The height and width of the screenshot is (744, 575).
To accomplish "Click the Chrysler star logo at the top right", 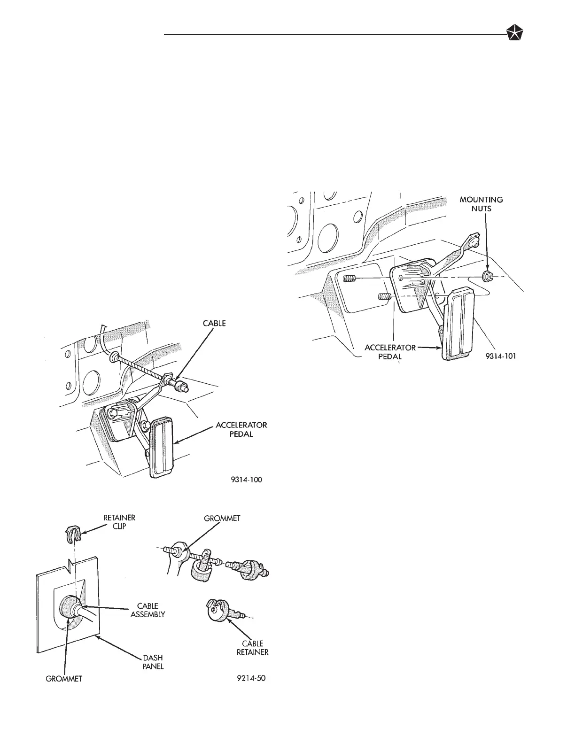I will (516, 34).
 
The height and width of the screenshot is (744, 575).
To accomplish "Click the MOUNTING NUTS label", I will (481, 204).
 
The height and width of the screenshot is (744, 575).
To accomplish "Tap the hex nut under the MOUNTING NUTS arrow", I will (488, 276).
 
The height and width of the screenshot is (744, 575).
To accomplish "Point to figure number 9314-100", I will (246, 480).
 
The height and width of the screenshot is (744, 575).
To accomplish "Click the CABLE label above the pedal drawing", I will (214, 323).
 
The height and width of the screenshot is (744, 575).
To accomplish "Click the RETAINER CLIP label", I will (119, 522).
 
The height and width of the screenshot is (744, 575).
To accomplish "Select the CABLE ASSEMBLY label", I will (148, 610).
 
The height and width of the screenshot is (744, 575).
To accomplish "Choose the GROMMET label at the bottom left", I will (63, 679).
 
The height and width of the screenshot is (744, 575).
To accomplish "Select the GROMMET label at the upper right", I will (222, 519).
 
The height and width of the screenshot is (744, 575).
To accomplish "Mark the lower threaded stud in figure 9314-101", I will (384, 297).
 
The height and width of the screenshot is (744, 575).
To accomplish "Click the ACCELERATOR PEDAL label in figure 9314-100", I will (241, 429).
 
